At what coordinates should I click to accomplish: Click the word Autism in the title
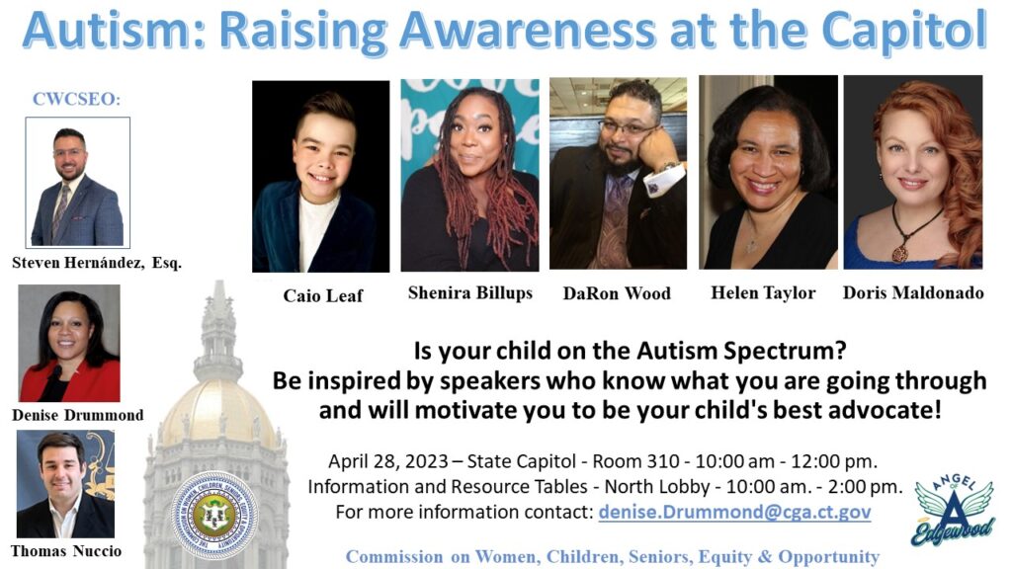coord(115,31)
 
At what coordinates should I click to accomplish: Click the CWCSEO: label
coord(76,99)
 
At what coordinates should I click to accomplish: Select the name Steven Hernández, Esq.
coord(97,263)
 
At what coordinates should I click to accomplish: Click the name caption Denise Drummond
coord(77,415)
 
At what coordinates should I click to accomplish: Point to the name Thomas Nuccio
coord(66,551)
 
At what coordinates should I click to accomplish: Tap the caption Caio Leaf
coord(323,295)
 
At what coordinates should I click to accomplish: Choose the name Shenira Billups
coord(469,292)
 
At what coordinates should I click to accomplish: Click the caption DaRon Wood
coord(617,293)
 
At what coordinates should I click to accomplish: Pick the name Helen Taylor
coord(763,292)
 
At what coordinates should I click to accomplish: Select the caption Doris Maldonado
coord(913,292)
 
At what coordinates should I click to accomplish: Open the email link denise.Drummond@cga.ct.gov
coord(734,512)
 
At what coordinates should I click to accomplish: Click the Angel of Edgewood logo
coord(953,511)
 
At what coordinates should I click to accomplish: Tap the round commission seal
coord(214,515)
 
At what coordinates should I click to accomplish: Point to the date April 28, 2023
coord(387,462)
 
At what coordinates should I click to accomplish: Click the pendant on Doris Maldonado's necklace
coord(899,254)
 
